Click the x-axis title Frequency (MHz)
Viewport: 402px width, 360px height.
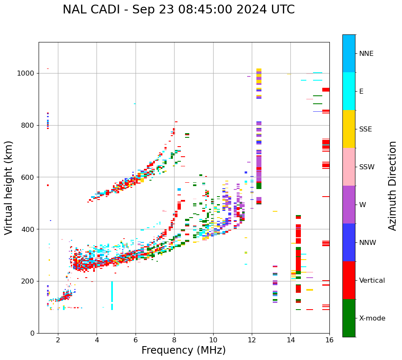[x=183, y=350]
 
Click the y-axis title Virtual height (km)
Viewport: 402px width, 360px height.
[x=9, y=188]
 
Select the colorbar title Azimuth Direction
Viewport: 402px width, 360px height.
[x=392, y=186]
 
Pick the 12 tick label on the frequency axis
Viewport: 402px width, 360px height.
[x=252, y=340]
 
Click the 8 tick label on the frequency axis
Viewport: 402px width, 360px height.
[x=174, y=340]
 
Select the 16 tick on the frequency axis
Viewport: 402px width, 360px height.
[x=329, y=340]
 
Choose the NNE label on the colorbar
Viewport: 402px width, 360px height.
[x=366, y=54]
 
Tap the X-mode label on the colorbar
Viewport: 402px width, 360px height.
[x=372, y=318]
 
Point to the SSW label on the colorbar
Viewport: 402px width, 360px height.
[x=367, y=167]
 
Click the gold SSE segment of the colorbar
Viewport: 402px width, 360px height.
[x=349, y=129]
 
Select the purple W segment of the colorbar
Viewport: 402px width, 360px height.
[x=349, y=205]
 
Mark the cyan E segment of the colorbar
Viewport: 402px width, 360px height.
[x=349, y=91]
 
